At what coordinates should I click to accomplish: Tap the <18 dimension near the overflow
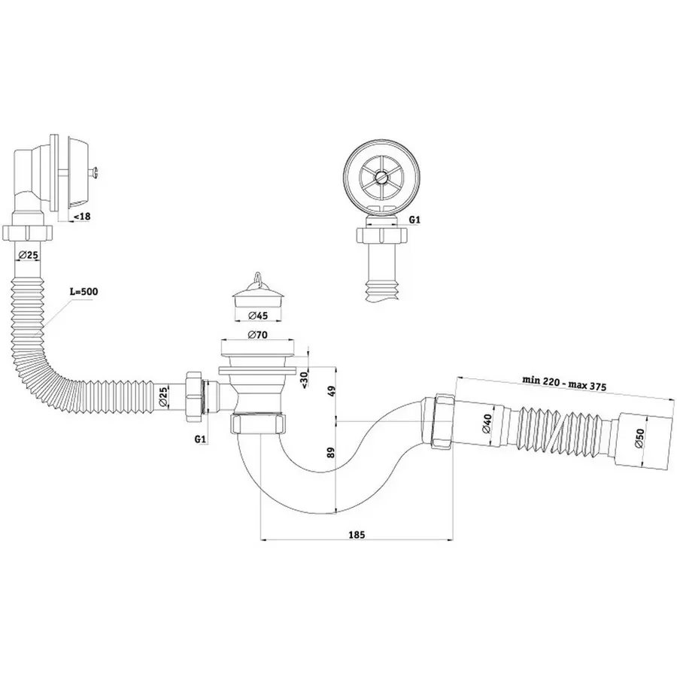(80, 217)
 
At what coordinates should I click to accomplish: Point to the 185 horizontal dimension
(357, 535)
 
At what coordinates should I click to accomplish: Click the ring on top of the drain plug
(257, 278)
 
